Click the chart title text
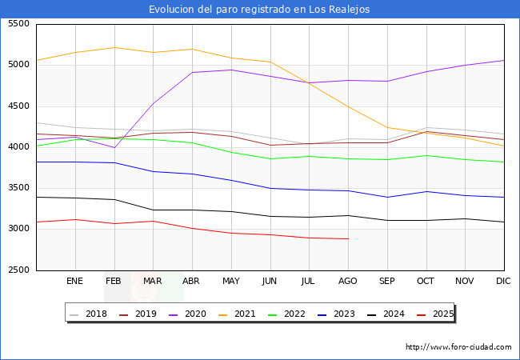[259, 10]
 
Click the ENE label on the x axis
[74, 281]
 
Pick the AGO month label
[348, 281]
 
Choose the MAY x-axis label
[230, 281]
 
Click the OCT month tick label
[426, 281]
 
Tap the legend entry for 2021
[244, 314]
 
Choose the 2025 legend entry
[442, 314]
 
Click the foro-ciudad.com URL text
[458, 347]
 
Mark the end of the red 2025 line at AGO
[348, 238]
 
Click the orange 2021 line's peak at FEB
[114, 47]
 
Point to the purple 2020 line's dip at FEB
[114, 147]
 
